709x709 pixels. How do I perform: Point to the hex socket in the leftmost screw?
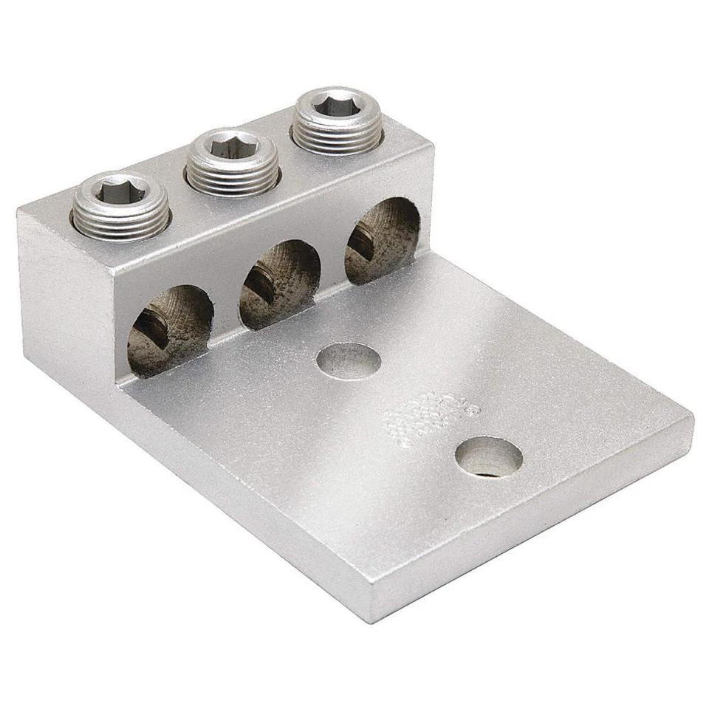coord(121,191)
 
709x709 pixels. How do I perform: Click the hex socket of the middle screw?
coord(232,145)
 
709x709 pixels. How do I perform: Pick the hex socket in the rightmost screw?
coord(338,106)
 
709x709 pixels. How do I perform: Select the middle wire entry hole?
coord(279,284)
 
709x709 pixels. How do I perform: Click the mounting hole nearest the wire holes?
coord(349,361)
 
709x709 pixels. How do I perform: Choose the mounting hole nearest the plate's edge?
coord(488,457)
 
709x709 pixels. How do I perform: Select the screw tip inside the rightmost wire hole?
coord(362,238)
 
